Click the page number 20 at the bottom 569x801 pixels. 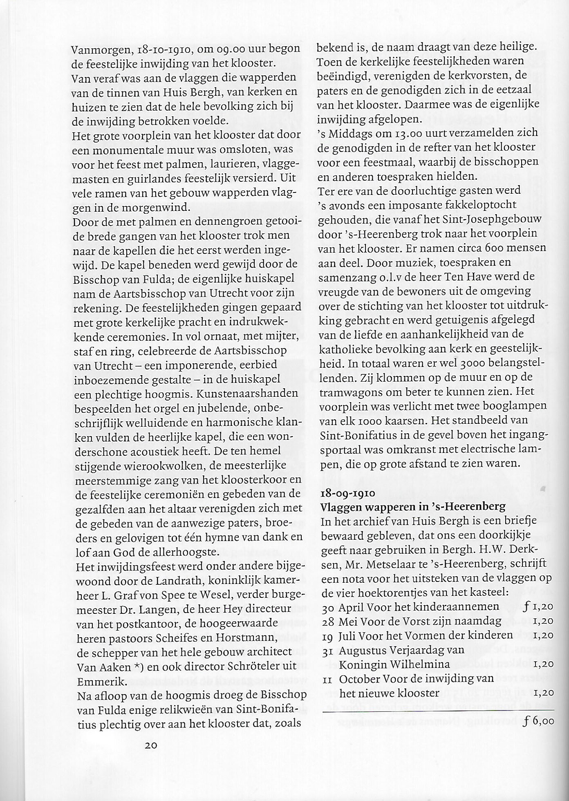click(x=151, y=745)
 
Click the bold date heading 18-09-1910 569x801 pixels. click(x=348, y=493)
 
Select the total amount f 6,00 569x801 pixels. click(x=538, y=721)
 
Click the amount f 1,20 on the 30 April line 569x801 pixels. click(x=538, y=606)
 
